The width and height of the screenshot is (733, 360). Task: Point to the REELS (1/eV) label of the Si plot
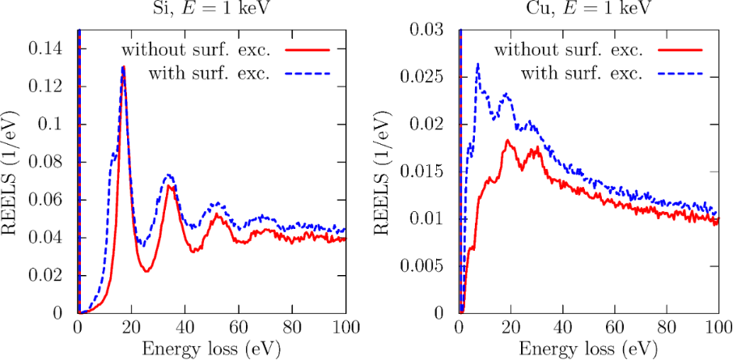tap(12, 172)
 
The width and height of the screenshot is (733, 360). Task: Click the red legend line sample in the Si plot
tap(312, 50)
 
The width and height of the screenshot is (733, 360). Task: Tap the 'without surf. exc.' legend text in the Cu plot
tap(569, 50)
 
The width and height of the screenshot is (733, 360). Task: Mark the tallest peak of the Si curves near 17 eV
tap(123, 67)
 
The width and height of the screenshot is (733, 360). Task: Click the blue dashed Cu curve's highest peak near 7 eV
tap(478, 64)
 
